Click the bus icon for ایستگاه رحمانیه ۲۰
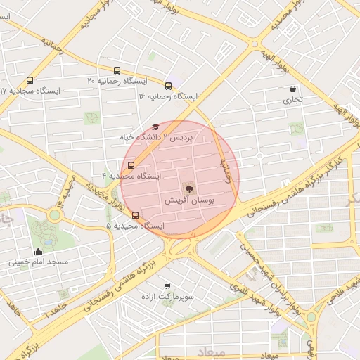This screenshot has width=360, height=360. pos(117,70)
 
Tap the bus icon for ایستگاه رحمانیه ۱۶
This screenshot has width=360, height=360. pos(168,85)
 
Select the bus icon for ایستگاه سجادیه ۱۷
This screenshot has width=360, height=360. pos(30,80)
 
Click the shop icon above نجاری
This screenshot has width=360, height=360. pos(292,89)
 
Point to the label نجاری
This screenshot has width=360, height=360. pos(292,100)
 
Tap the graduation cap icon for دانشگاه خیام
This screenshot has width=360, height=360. pos(155,127)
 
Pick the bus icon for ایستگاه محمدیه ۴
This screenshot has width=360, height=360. pos(131,165)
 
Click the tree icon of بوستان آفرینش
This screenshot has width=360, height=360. pos(188,187)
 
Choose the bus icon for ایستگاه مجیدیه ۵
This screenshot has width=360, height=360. pos(135,216)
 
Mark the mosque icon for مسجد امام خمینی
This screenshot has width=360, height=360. pos(38,251)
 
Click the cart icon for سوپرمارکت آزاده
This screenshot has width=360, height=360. pos(167,285)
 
